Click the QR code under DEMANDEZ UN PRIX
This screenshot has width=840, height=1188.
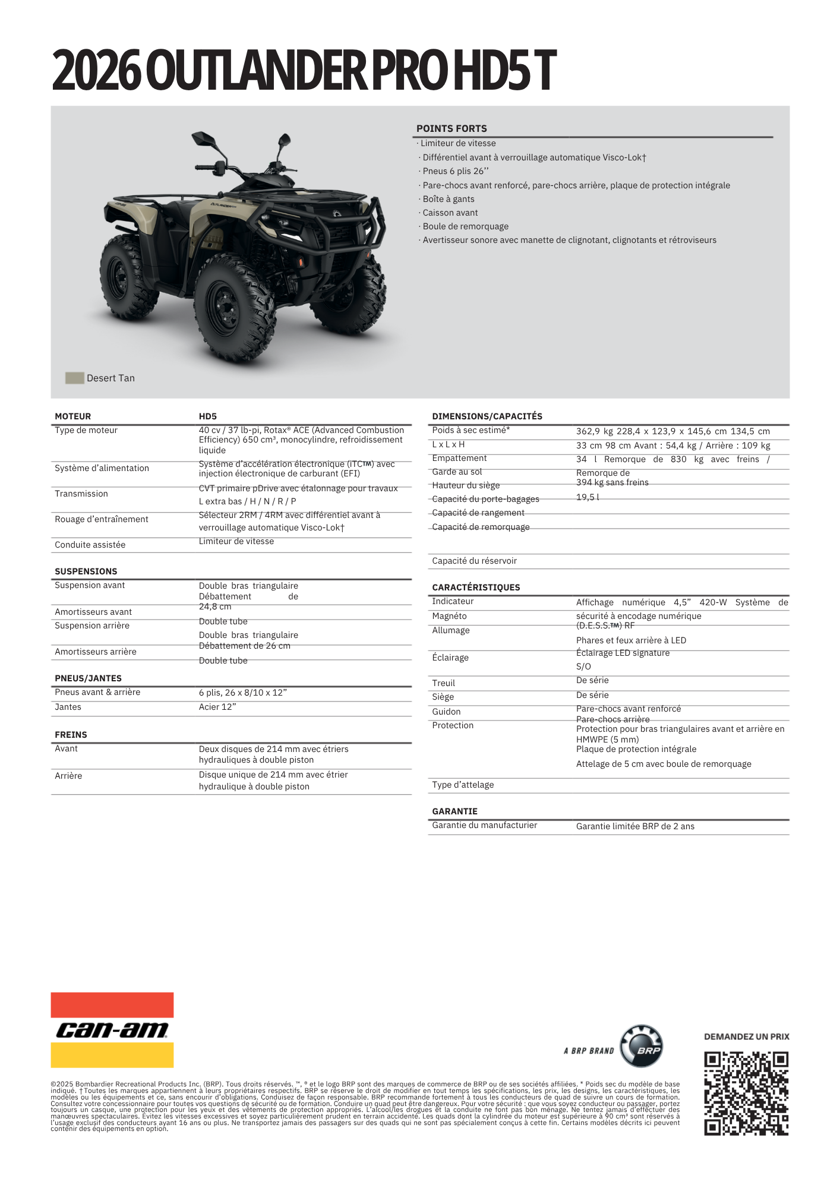click(746, 1094)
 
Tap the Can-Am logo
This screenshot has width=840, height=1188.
click(112, 1029)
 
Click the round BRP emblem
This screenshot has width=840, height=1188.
click(641, 1047)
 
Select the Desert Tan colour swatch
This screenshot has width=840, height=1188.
click(74, 378)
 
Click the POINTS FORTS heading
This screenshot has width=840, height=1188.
click(451, 128)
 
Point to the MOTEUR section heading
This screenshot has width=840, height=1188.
click(73, 416)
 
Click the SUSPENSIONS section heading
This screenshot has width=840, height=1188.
click(86, 571)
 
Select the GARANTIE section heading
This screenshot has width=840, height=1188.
click(454, 811)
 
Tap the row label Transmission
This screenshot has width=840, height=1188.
click(81, 494)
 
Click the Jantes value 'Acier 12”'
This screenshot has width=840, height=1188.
click(217, 707)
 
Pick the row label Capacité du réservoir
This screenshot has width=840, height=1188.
click(474, 561)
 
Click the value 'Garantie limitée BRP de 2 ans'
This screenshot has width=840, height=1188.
click(635, 826)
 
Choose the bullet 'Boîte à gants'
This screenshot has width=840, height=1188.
click(449, 199)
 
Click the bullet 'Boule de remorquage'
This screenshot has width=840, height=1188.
click(466, 226)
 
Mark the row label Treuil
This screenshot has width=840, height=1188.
click(443, 683)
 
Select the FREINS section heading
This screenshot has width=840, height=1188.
click(71, 735)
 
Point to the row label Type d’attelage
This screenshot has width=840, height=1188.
click(463, 785)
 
